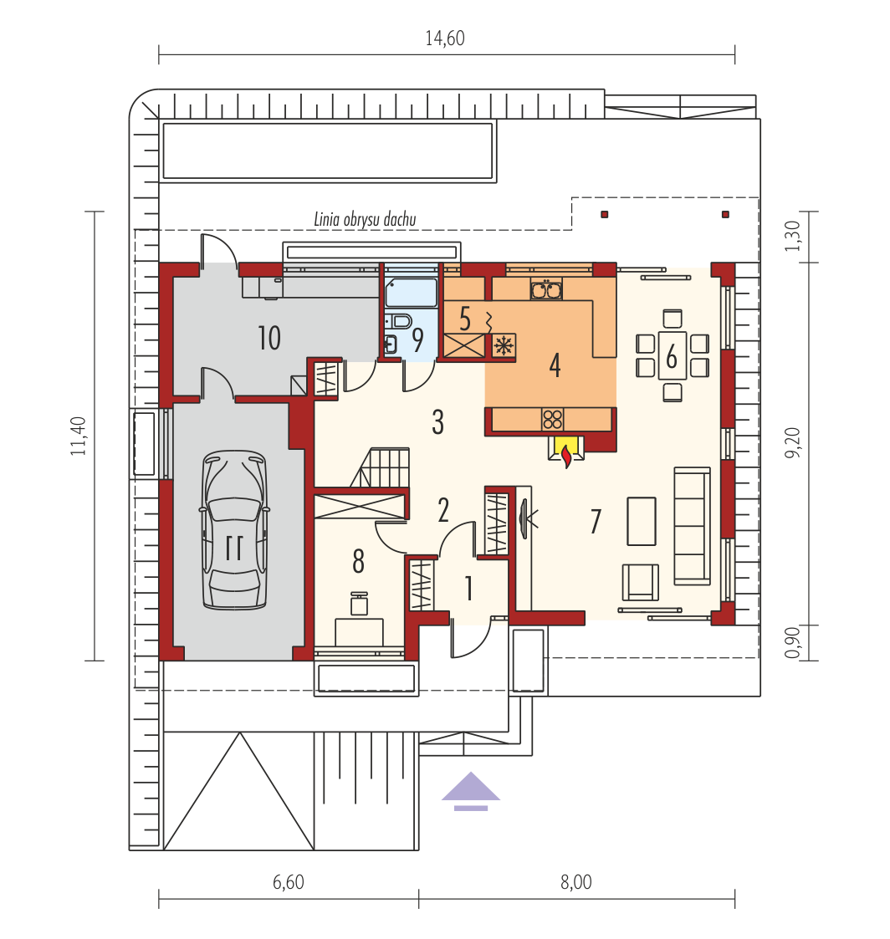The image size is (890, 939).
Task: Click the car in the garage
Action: [x=234, y=530]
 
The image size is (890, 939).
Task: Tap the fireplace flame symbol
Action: [x=566, y=455]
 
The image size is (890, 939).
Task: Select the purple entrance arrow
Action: [x=471, y=791]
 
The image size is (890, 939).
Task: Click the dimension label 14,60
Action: [x=445, y=38]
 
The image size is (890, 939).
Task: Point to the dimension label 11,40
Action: [x=79, y=436]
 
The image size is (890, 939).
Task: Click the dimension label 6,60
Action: [x=288, y=882]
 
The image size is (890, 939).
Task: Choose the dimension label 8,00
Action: [x=576, y=882]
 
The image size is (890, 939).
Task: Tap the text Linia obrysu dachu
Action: [x=365, y=219]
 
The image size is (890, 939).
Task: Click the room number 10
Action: [x=269, y=339]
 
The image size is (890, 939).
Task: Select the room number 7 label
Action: [x=596, y=521]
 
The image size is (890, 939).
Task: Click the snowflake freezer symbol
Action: [x=504, y=345]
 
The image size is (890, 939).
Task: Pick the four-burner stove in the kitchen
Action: [x=552, y=419]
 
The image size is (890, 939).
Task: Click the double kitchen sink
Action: [x=546, y=290]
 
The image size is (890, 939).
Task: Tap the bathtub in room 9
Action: [x=412, y=293]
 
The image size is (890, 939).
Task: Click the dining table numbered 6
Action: [x=672, y=355]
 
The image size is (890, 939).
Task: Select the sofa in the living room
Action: [x=693, y=526]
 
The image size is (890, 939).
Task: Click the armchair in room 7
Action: [x=640, y=582]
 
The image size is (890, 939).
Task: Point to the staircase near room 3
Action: [x=381, y=467]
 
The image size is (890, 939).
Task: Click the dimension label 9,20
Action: [x=792, y=443]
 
